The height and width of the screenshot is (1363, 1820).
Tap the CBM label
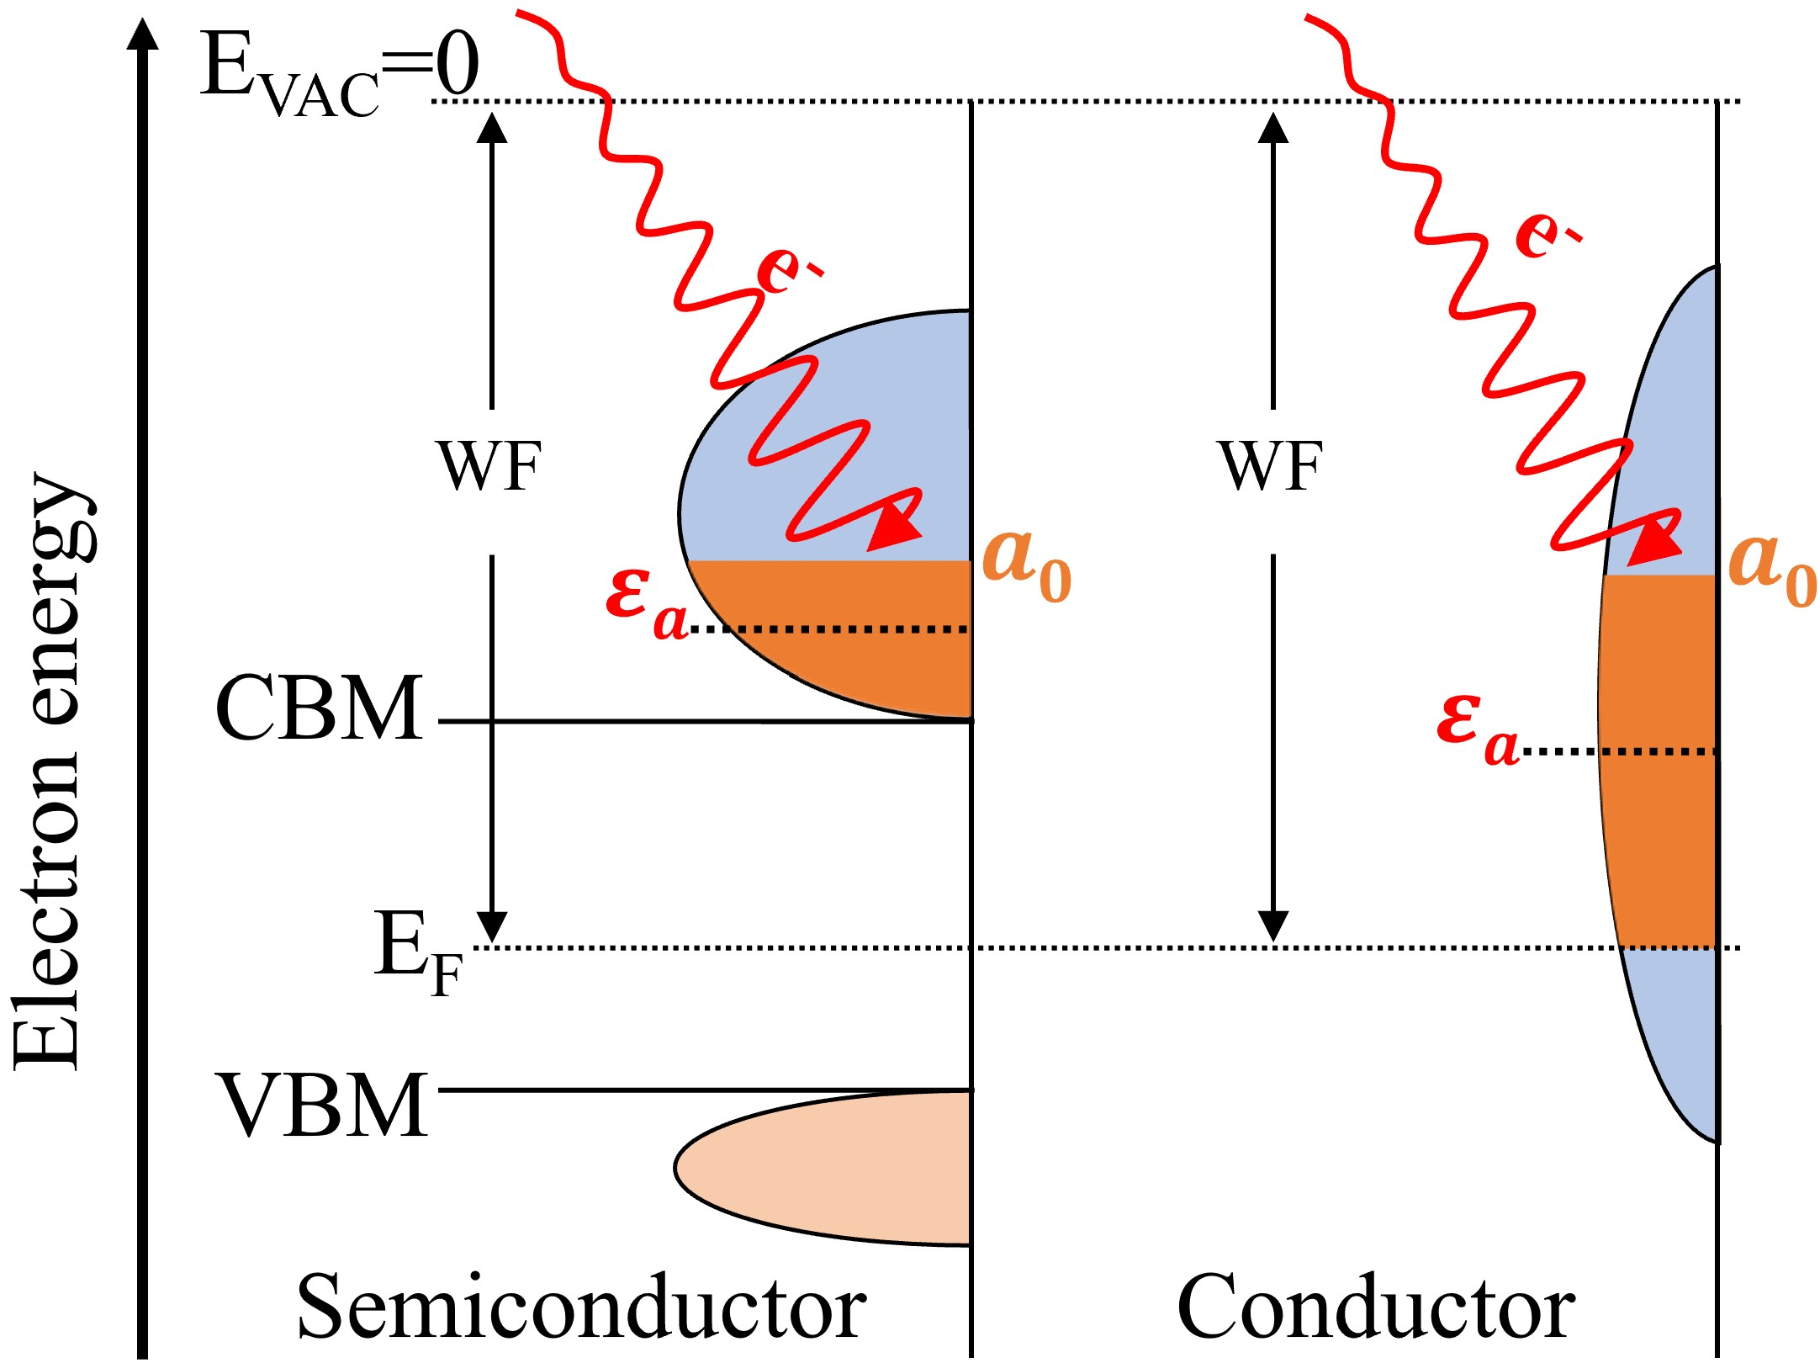320,708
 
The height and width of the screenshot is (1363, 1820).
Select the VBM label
323,1105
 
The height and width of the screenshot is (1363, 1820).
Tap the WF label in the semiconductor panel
489,466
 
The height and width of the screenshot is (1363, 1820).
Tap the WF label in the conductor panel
1272,466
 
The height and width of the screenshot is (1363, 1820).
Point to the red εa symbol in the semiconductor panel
646,602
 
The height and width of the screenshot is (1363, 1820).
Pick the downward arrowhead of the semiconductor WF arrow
492,926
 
